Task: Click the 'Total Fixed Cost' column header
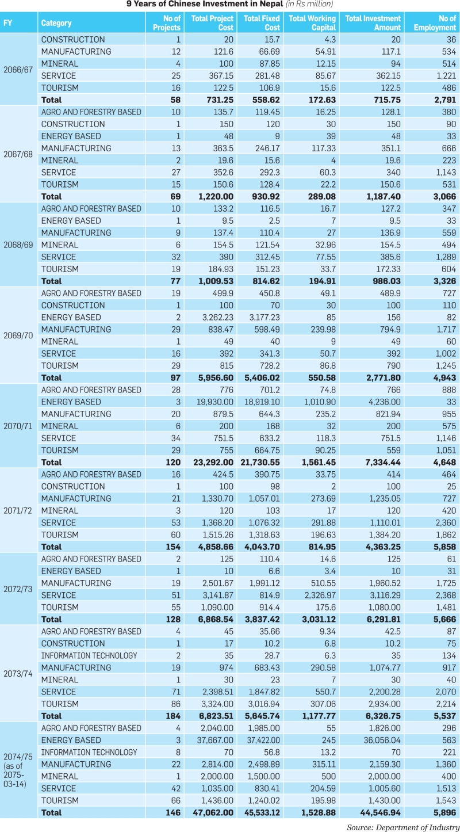[x=262, y=22]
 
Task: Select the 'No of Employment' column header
[x=435, y=22]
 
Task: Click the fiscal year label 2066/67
[x=18, y=70]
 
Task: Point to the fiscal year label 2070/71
[x=18, y=426]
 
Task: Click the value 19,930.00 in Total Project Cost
[x=215, y=402]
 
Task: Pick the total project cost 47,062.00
[x=213, y=812]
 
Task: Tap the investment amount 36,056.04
[x=382, y=740]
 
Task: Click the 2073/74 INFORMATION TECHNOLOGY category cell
[x=89, y=655]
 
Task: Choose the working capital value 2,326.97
[x=320, y=595]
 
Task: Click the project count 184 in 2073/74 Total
[x=173, y=716]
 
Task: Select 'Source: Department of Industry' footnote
[x=403, y=827]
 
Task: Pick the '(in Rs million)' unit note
[x=309, y=4]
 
